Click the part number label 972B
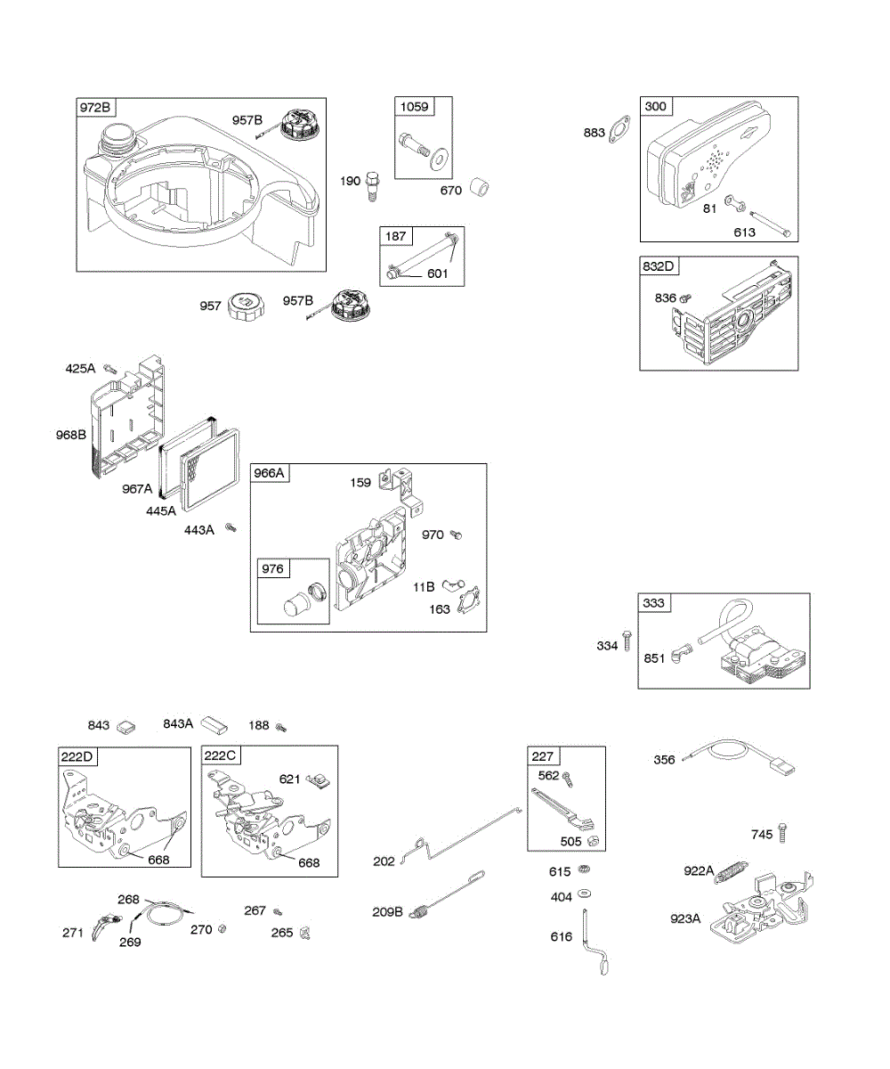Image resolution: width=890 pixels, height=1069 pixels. (x=95, y=108)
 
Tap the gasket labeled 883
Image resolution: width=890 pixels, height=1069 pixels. (x=619, y=135)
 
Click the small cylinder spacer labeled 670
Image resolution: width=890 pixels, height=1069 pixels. (x=482, y=189)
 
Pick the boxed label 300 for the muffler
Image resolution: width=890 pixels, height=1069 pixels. (x=655, y=106)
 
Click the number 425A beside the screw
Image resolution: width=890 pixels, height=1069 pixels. (x=80, y=368)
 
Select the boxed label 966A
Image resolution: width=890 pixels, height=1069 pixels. (x=269, y=473)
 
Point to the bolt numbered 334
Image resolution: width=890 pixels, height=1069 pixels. (x=627, y=641)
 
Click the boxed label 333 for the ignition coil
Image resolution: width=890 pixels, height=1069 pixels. (x=653, y=603)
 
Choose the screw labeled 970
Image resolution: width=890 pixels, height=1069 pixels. (x=457, y=534)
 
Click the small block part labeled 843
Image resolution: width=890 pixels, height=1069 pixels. (x=125, y=726)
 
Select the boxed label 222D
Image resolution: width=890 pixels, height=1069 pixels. (x=77, y=756)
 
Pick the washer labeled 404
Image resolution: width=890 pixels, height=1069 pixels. (x=586, y=894)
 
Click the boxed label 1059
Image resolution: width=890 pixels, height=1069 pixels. (x=414, y=107)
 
